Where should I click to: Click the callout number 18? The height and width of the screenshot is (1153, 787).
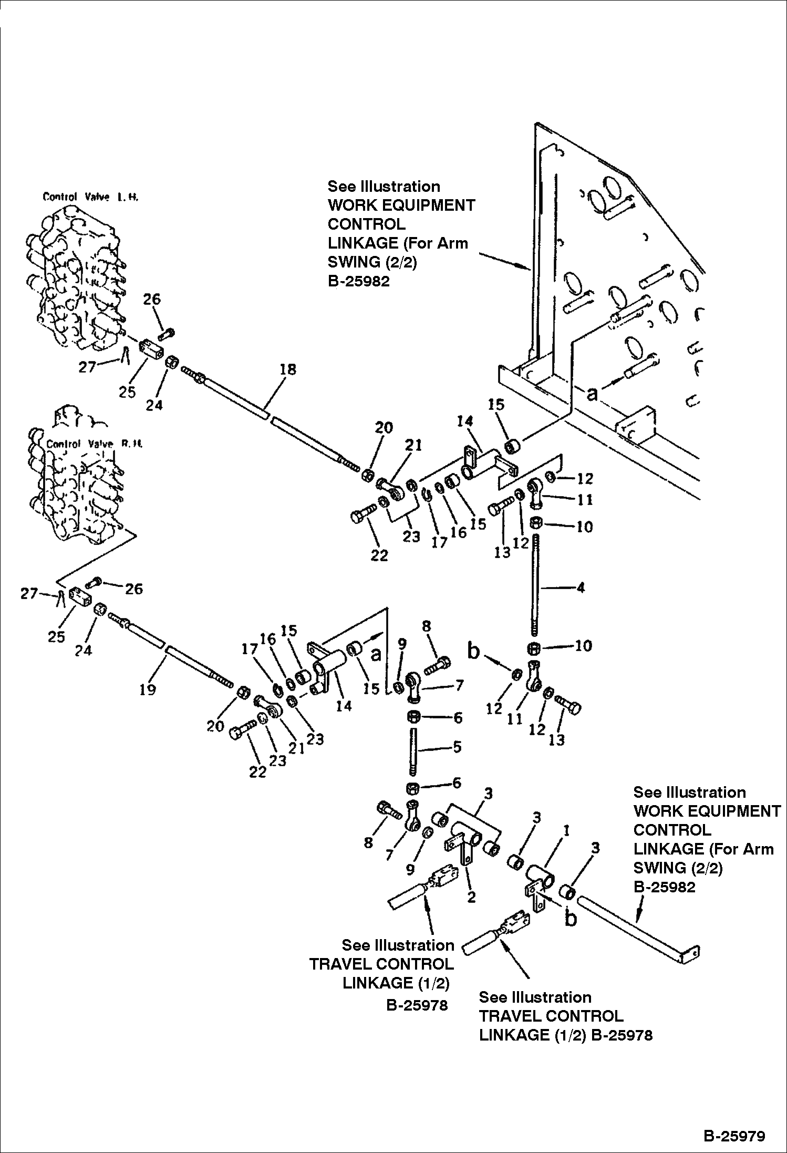pyautogui.click(x=288, y=369)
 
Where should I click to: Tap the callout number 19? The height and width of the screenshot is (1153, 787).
pyautogui.click(x=148, y=689)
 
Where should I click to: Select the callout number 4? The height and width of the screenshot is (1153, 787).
pyautogui.click(x=580, y=588)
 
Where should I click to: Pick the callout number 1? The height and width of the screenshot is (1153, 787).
pyautogui.click(x=566, y=831)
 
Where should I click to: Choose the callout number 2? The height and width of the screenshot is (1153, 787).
pyautogui.click(x=471, y=897)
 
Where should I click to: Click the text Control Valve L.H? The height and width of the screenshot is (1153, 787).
pyautogui.click(x=90, y=198)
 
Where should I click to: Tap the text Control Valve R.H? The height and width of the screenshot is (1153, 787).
pyautogui.click(x=94, y=444)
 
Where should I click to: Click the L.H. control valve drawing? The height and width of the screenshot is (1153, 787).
pyautogui.click(x=74, y=279)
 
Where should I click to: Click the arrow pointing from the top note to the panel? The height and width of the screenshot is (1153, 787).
pyautogui.click(x=504, y=261)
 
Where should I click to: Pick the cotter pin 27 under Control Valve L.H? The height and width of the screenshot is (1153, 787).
pyautogui.click(x=125, y=355)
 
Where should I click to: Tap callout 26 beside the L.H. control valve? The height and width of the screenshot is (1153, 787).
pyautogui.click(x=152, y=300)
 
